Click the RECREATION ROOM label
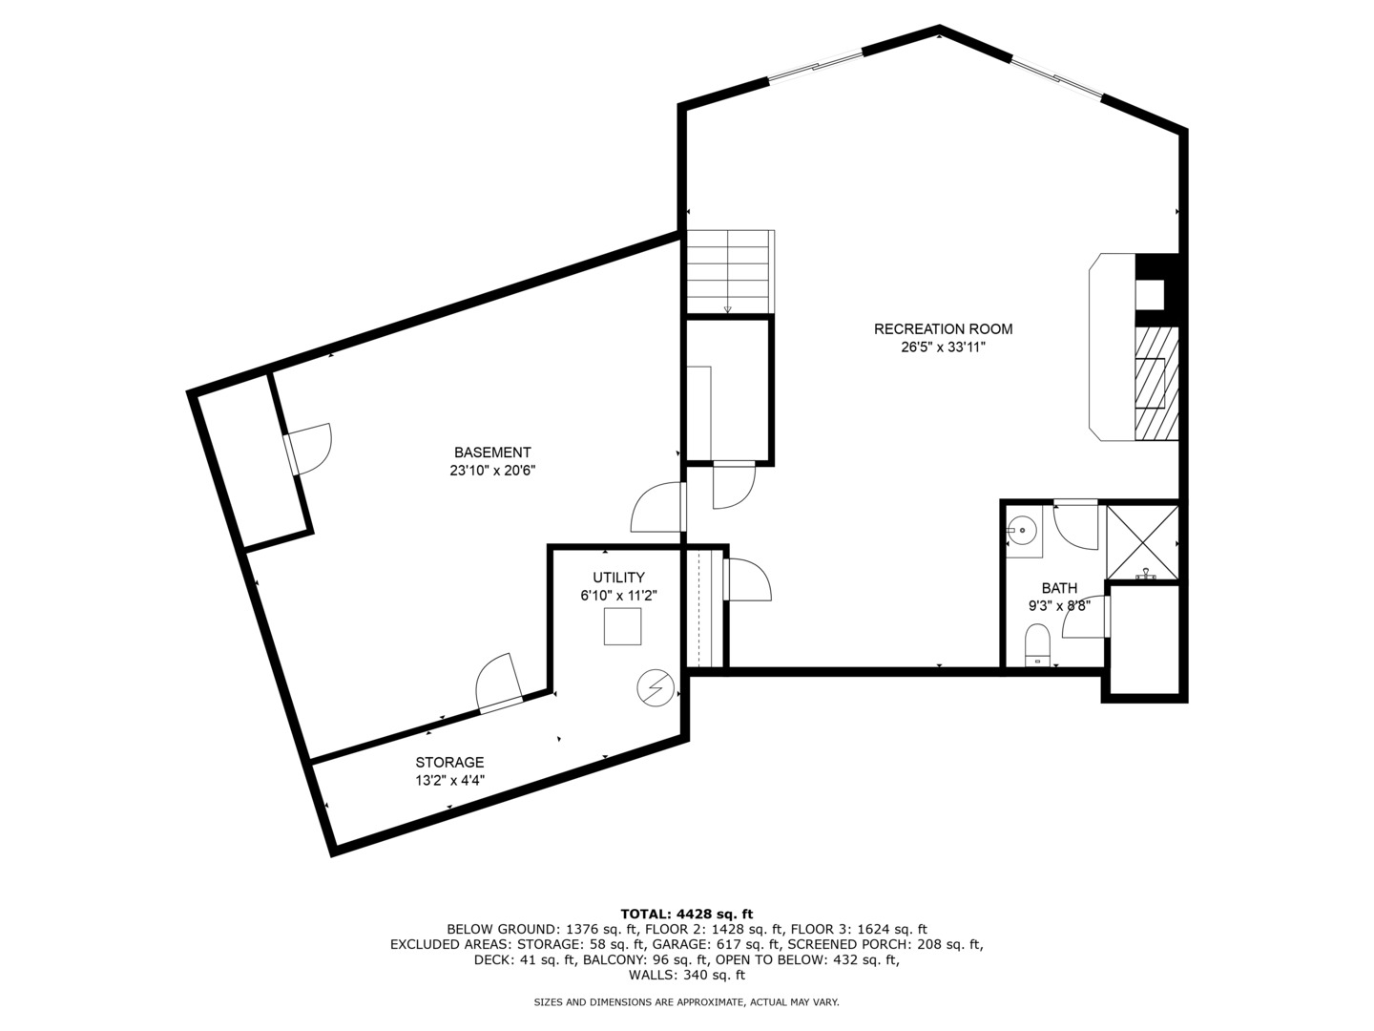[x=943, y=328]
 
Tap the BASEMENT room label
[x=492, y=452]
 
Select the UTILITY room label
[x=618, y=578]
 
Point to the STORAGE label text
[x=449, y=762]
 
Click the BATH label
[x=1059, y=588]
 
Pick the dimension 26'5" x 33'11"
[x=943, y=347]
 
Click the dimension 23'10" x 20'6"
[x=492, y=470]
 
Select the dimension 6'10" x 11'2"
[x=618, y=596]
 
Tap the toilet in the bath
[x=1037, y=644]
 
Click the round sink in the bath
[x=1022, y=531]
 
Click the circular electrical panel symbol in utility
[x=656, y=688]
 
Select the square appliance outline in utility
[x=622, y=626]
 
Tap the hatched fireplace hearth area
[x=1156, y=383]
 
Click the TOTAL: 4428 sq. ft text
[x=687, y=914]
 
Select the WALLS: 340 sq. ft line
[x=687, y=975]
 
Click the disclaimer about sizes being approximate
[x=686, y=1002]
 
